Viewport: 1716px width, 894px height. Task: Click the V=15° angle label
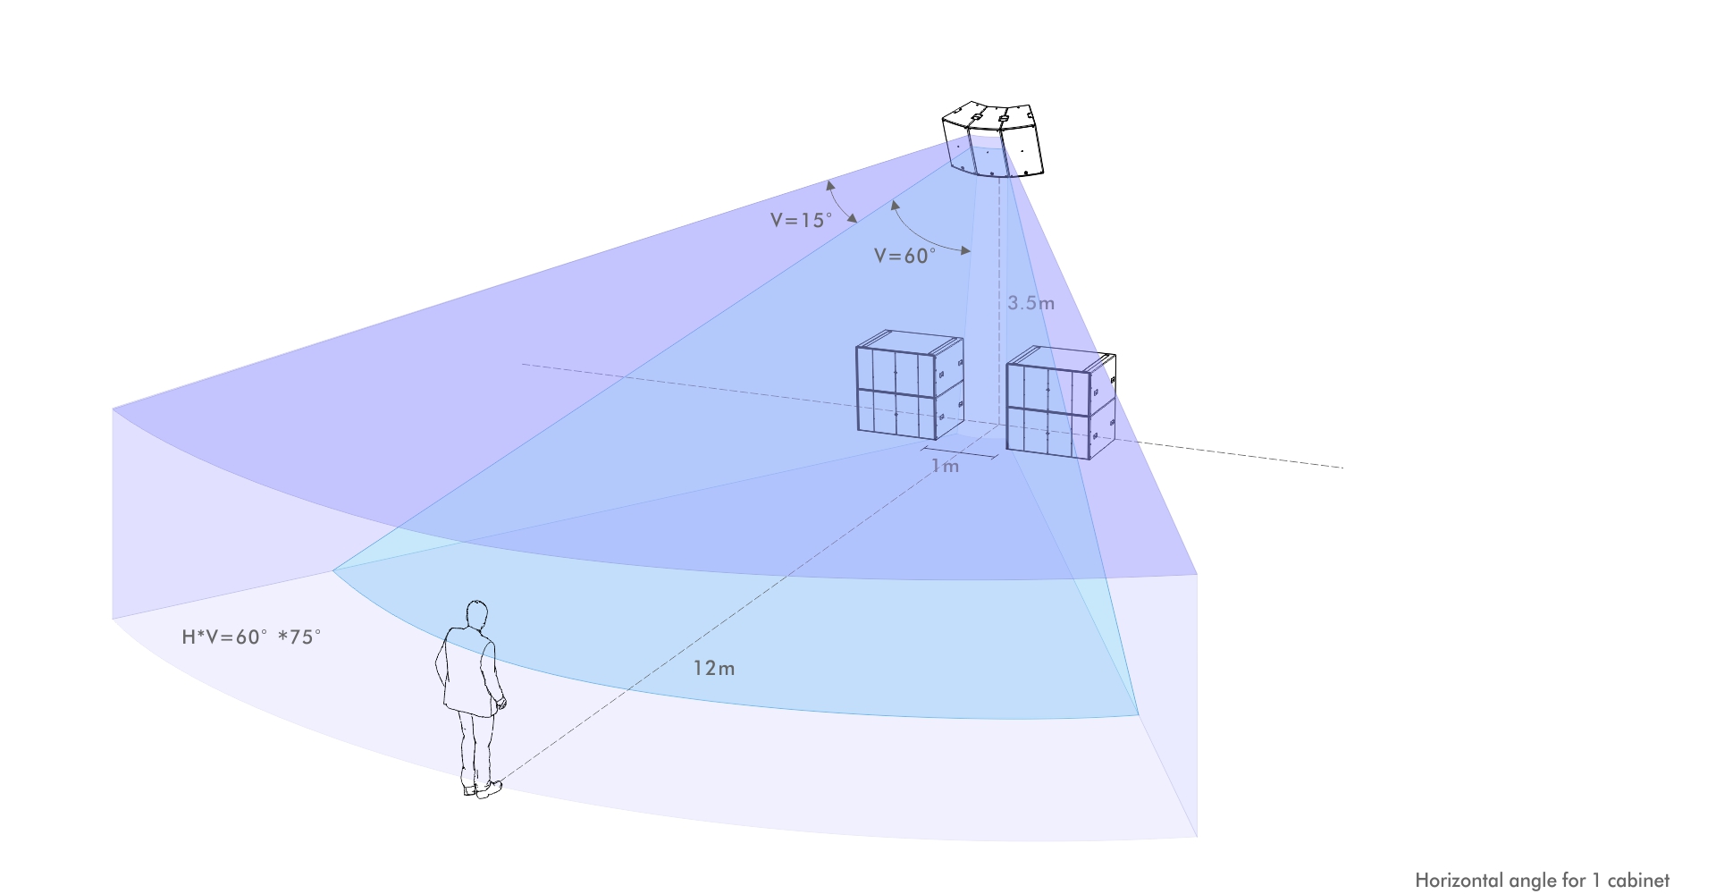click(x=801, y=220)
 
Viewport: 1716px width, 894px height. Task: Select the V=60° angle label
click(x=904, y=256)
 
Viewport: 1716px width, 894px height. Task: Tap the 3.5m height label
click(x=1030, y=303)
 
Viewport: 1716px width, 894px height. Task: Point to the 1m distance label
click(x=945, y=467)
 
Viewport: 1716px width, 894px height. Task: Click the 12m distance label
click(x=713, y=669)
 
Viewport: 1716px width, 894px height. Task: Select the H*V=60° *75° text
click(x=251, y=637)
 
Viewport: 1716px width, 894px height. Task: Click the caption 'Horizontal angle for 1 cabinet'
click(x=1542, y=881)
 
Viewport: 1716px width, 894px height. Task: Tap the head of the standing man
click(x=477, y=615)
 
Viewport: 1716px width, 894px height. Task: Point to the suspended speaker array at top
click(x=993, y=140)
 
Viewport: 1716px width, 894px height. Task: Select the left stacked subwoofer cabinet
click(x=909, y=386)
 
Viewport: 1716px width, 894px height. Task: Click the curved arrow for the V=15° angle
click(x=840, y=201)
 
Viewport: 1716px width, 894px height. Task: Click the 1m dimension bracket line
click(x=960, y=452)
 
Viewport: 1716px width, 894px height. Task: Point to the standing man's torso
click(x=469, y=670)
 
